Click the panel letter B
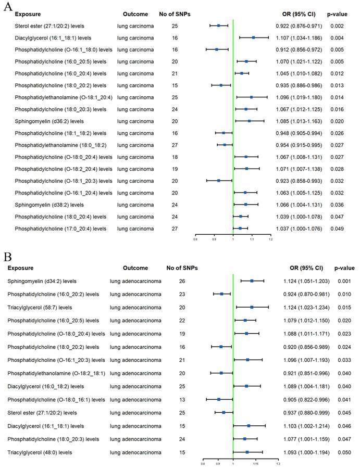[7, 257]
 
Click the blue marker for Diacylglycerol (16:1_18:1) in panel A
[254, 37]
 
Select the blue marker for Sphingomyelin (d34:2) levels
[252, 281]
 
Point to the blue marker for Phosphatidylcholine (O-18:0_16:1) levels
[219, 400]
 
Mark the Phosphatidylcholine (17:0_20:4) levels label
[60, 228]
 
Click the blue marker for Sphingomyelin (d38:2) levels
[246, 205]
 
